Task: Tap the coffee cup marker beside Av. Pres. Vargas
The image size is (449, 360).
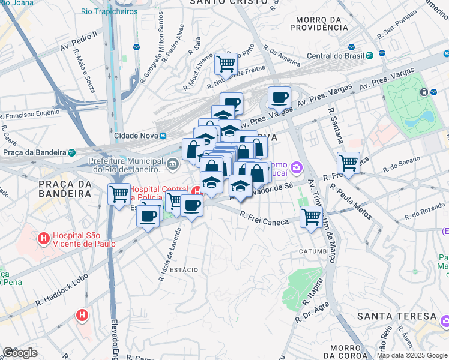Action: point(279,97)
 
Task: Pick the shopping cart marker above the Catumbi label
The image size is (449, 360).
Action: point(311,216)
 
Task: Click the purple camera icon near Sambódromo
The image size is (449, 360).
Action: point(296,166)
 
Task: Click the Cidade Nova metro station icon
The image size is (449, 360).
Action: point(162,136)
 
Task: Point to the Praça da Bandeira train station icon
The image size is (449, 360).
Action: point(71,152)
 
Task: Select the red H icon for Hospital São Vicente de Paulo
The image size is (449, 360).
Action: point(44,238)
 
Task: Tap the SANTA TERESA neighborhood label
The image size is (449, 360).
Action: point(396,316)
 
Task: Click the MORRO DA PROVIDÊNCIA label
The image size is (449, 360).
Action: point(319,23)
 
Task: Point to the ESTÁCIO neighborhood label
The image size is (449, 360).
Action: point(184,270)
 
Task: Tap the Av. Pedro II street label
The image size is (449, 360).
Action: point(79,45)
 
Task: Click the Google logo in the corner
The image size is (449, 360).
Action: point(20,353)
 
